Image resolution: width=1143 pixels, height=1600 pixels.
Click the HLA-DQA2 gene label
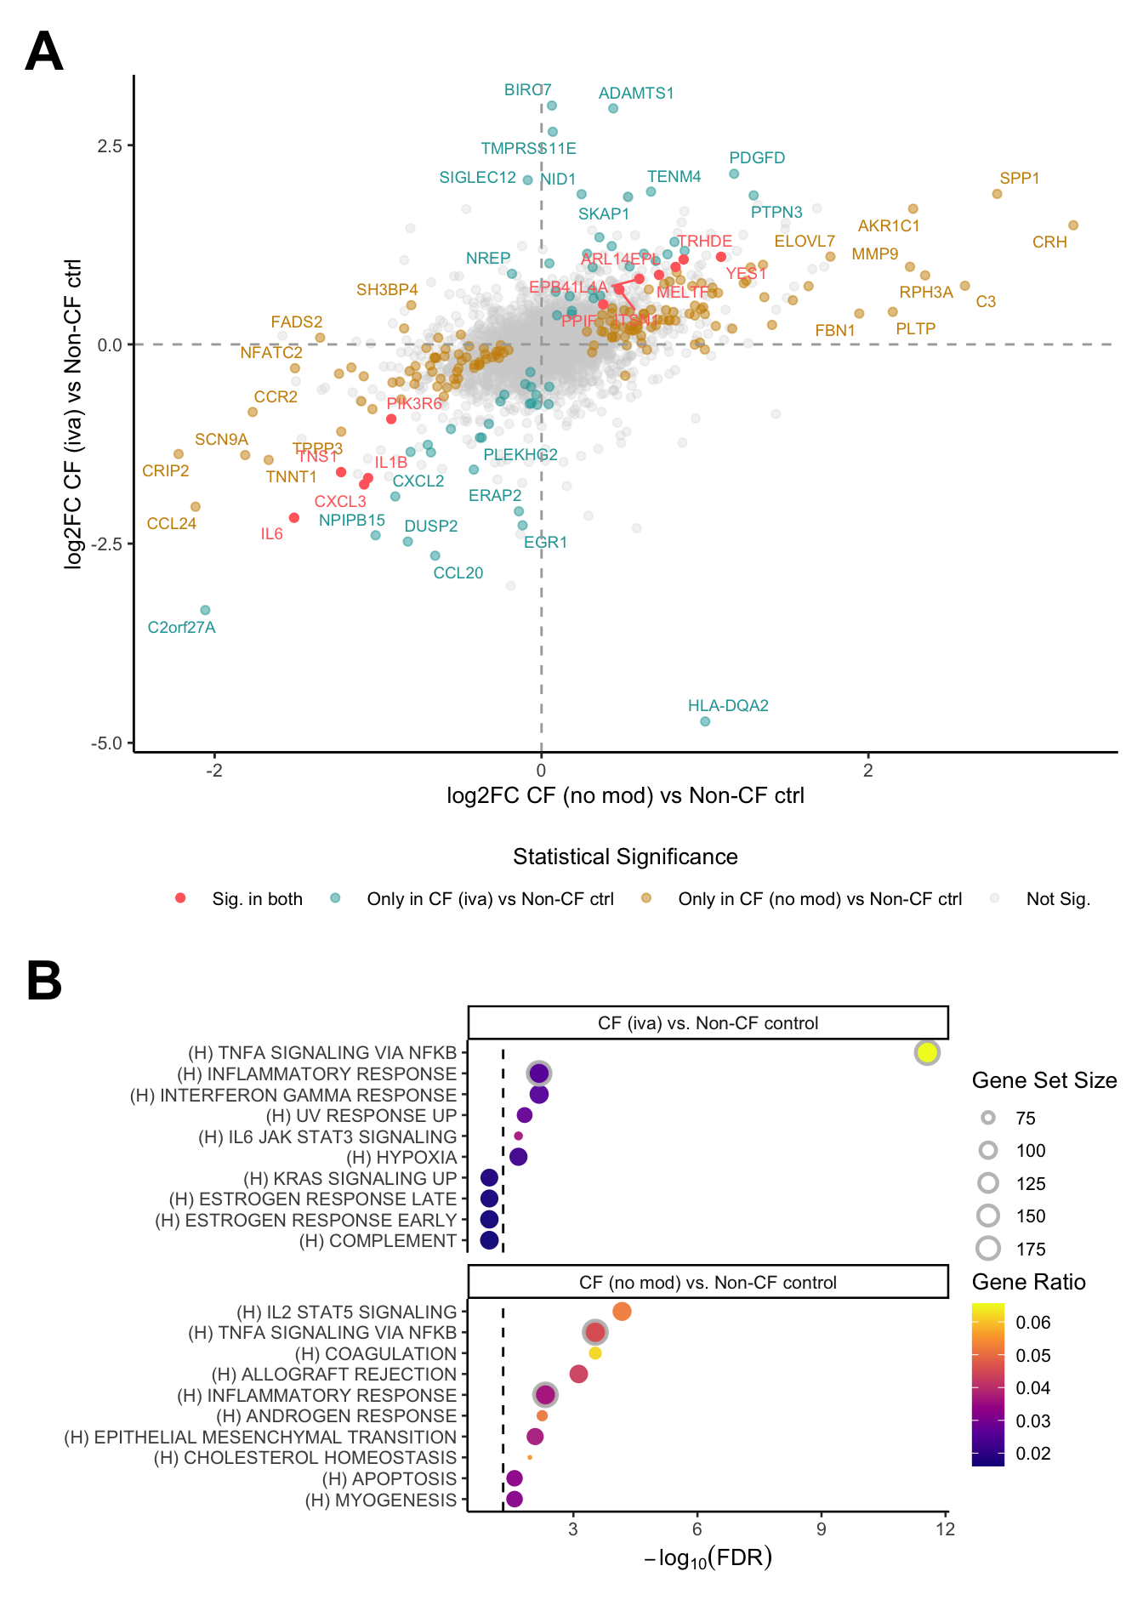728,705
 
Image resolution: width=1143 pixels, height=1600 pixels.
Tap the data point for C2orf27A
205,610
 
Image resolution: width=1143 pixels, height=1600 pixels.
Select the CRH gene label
1049,242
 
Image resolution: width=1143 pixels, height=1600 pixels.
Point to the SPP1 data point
997,194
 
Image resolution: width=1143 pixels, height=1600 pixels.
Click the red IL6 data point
294,518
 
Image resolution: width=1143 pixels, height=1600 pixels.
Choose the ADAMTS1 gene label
636,94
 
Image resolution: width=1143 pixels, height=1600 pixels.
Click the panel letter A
44,52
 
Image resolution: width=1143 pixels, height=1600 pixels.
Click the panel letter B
44,981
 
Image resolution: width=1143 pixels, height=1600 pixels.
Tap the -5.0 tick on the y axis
109,743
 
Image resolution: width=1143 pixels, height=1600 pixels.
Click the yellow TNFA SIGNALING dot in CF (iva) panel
927,1052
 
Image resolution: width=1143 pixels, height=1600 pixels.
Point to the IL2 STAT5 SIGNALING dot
622,1312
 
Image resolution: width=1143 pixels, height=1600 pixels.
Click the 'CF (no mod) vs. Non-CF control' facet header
708,1282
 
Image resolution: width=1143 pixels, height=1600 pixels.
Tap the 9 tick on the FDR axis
822,1529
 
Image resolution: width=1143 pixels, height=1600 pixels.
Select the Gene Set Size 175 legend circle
988,1249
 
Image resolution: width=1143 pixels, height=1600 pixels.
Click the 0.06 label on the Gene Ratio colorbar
1033,1323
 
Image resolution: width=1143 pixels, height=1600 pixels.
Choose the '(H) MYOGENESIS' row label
381,1500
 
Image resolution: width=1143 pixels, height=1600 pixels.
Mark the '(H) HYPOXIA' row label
401,1157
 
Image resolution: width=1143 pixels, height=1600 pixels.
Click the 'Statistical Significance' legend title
625,857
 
